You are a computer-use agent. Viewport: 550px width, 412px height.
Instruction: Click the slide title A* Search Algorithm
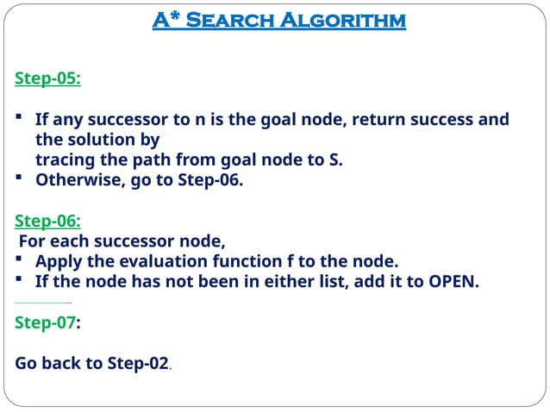(278, 20)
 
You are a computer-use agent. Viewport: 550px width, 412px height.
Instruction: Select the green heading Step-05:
(47, 78)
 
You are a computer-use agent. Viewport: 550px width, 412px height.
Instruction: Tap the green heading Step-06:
(47, 221)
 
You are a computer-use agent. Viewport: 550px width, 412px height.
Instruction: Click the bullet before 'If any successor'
(19, 120)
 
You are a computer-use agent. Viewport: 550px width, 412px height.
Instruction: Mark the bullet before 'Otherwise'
(19, 180)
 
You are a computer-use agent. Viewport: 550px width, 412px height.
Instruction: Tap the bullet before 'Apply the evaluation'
(19, 261)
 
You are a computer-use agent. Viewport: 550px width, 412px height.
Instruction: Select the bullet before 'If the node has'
(19, 282)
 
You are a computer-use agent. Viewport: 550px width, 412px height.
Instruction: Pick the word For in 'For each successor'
(32, 241)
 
